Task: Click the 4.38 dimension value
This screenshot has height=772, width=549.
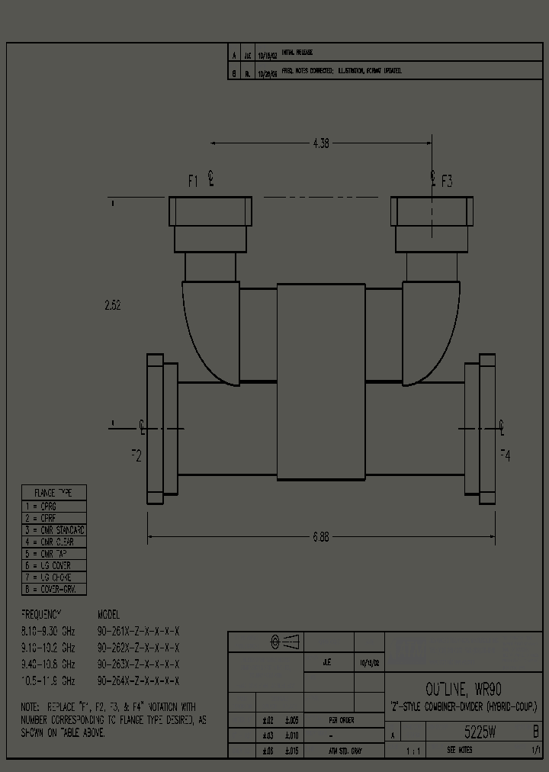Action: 321,143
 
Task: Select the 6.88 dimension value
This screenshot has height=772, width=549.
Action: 321,537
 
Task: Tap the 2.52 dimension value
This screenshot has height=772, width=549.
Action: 112,305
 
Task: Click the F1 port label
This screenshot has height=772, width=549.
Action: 194,181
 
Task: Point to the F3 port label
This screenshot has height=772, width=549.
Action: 446,181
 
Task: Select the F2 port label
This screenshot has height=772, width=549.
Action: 136,455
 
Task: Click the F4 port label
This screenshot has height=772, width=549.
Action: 505,455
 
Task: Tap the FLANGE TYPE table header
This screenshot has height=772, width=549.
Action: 53,493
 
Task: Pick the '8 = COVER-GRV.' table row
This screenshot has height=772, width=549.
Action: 53,590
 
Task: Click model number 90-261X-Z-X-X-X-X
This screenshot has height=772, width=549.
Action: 138,631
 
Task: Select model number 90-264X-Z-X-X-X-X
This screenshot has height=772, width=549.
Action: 138,680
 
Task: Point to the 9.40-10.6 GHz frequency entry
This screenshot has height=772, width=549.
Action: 48,664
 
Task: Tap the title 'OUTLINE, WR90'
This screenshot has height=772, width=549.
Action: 463,690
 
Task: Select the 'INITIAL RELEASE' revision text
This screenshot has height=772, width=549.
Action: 297,53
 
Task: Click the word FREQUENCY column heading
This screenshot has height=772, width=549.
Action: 41,614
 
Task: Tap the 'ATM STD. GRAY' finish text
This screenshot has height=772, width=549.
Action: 345,751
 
